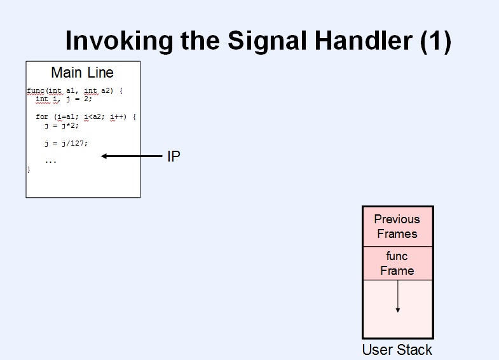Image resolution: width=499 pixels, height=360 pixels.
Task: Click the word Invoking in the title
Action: pos(119,41)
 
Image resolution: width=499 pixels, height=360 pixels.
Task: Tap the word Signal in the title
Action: pos(267,41)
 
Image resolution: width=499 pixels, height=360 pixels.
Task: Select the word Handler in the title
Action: pos(364,41)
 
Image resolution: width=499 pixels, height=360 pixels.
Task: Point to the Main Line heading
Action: pos(83,73)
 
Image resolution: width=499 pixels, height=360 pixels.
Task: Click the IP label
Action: pos(174,156)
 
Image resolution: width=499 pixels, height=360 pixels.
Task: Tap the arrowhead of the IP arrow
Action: pos(104,156)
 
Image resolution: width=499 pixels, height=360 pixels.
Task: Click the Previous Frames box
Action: pos(398,226)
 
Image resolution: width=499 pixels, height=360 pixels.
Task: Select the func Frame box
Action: pos(398,263)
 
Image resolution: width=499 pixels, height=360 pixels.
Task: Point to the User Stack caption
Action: pos(397,350)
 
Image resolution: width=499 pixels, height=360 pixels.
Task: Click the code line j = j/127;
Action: pos(66,143)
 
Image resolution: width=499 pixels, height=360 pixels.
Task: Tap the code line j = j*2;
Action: pos(62,125)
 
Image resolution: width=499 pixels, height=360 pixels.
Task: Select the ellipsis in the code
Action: pos(51,162)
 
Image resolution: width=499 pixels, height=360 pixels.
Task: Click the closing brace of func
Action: pos(29,170)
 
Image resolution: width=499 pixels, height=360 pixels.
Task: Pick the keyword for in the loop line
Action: pos(42,116)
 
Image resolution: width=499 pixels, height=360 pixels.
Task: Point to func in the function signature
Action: pos(36,91)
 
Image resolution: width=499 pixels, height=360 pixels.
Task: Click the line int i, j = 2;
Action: pos(64,99)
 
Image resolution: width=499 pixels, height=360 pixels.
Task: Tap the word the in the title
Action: pos(200,41)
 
